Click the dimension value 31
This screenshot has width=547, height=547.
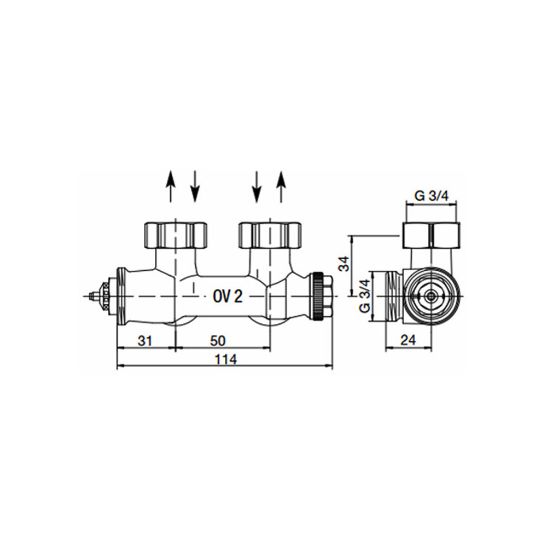tap(144, 341)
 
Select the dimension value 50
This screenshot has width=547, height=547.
tap(218, 341)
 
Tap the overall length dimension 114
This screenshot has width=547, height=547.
tap(225, 359)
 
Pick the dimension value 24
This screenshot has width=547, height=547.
tap(408, 340)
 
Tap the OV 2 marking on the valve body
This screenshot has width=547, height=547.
tap(227, 296)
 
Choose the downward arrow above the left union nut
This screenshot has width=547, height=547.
tap(195, 186)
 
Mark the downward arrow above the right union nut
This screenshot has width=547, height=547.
tap(256, 186)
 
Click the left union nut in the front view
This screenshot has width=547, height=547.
tap(175, 234)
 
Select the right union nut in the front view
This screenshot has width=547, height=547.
tap(270, 234)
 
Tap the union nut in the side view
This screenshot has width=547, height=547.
tap(431, 235)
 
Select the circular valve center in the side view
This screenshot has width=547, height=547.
tap(432, 296)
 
